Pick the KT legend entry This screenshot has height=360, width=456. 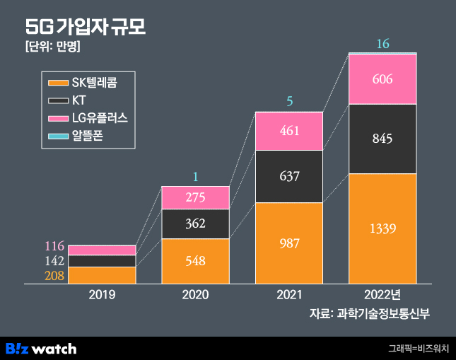78,100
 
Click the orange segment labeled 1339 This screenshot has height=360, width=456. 382,228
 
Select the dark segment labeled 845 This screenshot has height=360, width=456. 382,139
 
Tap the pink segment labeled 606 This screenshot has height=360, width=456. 382,79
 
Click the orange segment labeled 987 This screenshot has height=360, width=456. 289,243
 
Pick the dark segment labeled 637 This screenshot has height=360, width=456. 289,176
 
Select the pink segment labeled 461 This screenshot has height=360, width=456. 289,131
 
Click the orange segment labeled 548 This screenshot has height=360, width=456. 196,261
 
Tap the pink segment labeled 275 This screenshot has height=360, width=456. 196,198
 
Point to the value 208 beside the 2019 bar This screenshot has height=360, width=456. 54,276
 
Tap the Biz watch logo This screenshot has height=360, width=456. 41,348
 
